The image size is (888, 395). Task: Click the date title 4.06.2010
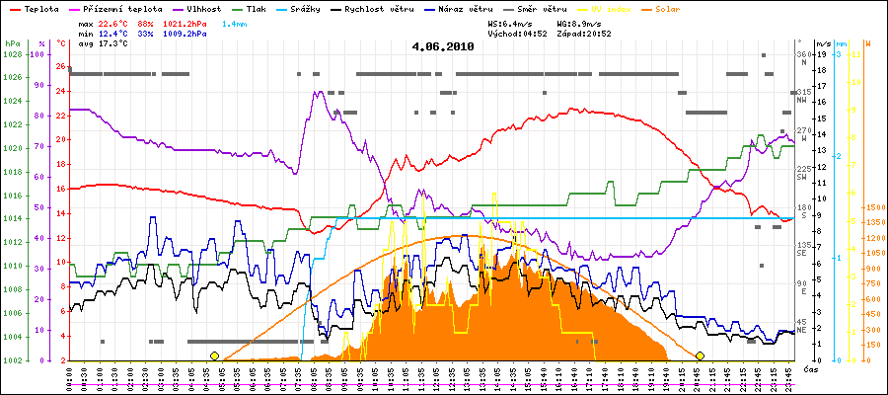[x=443, y=46]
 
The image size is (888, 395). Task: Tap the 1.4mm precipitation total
[x=234, y=22]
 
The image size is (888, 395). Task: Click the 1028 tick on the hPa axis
[x=12, y=53]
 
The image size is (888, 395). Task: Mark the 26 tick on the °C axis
[x=61, y=67]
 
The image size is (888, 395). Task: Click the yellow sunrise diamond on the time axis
[x=214, y=355]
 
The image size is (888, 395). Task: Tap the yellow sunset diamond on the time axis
[x=700, y=355]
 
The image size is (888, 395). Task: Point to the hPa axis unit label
[x=12, y=44]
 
